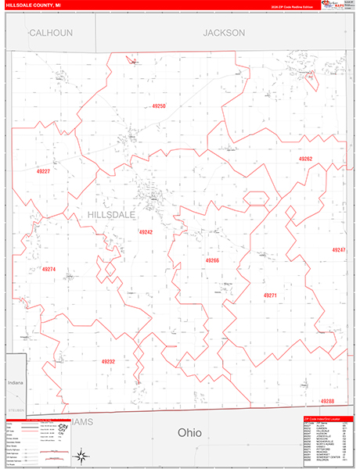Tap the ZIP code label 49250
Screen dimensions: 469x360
point(160,106)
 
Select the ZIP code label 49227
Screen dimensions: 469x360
point(43,171)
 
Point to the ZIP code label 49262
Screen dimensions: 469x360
point(305,159)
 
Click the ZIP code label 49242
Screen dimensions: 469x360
point(146,232)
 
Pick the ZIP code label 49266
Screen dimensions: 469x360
point(212,260)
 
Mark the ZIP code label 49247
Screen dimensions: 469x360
point(338,249)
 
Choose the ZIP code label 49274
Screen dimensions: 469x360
point(49,270)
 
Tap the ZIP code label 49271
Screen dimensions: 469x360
point(270,295)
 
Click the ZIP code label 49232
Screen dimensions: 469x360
point(108,362)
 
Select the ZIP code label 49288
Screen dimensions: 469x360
point(327,401)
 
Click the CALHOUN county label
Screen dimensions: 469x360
point(51,33)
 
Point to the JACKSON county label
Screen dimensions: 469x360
point(224,33)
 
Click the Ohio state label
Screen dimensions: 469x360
point(189,432)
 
